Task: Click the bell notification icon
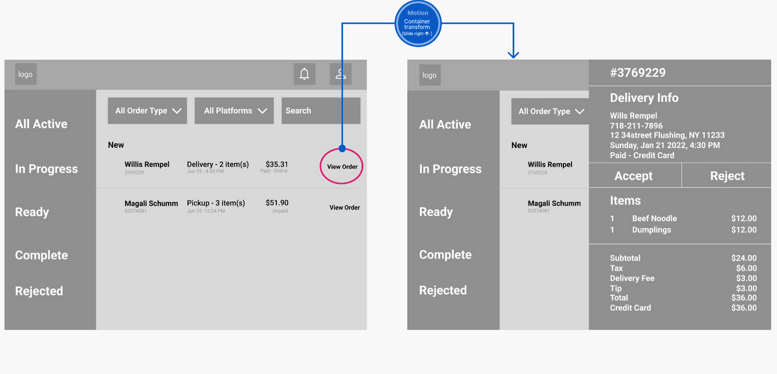click(x=304, y=74)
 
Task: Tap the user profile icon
click(x=341, y=74)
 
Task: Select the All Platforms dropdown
click(x=234, y=110)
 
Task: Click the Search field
click(x=321, y=110)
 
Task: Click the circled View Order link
click(x=342, y=167)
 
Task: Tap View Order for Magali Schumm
click(x=345, y=207)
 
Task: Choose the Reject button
click(x=727, y=176)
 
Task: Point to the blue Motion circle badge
click(x=418, y=23)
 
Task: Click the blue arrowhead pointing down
click(x=513, y=54)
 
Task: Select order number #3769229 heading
click(x=638, y=72)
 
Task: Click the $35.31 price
click(x=277, y=164)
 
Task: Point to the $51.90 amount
click(x=277, y=202)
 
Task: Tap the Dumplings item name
click(x=651, y=230)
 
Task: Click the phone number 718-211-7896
click(x=636, y=126)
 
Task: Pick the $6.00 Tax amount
click(x=746, y=268)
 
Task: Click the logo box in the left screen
click(x=26, y=74)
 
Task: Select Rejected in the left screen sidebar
click(x=39, y=291)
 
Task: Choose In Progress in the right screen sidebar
click(x=450, y=169)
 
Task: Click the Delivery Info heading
click(x=644, y=98)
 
